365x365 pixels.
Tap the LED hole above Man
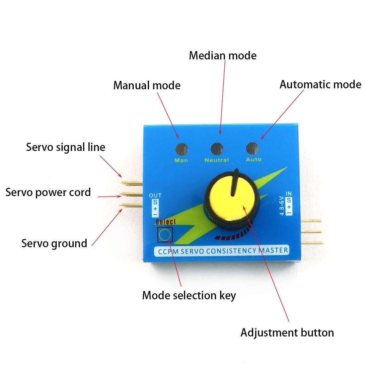(x=182, y=149)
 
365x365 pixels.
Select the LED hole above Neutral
(x=217, y=149)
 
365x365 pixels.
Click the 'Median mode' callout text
(x=223, y=55)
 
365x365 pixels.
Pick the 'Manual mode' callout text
(x=147, y=85)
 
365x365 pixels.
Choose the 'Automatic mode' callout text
(x=320, y=84)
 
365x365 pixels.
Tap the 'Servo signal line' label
(x=65, y=147)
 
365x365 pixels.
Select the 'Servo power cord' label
(x=48, y=192)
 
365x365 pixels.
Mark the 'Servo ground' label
(x=54, y=243)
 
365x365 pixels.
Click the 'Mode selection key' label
(x=189, y=295)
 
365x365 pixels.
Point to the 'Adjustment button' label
(x=287, y=332)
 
